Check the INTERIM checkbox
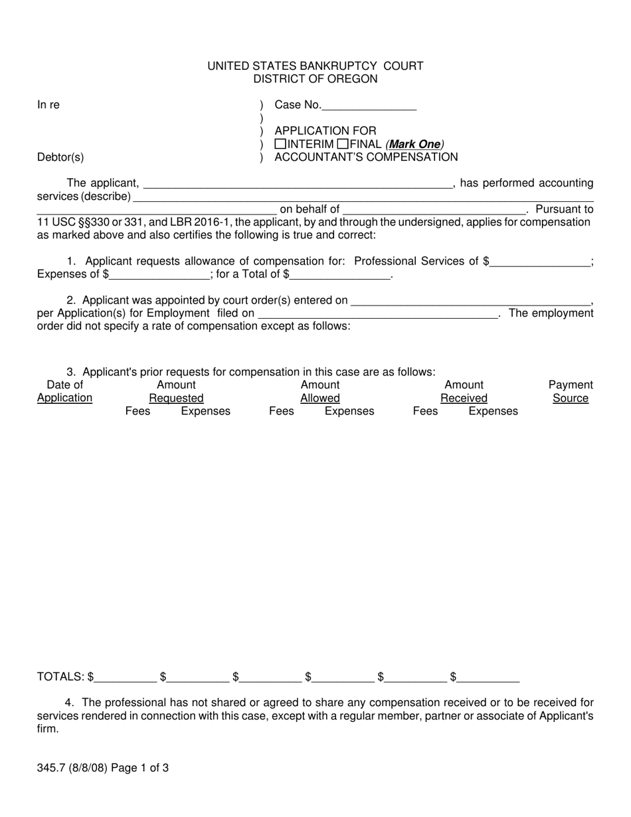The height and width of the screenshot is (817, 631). (280, 144)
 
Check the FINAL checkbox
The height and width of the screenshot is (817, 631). (343, 144)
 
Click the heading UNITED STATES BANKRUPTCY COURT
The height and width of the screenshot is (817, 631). (315, 66)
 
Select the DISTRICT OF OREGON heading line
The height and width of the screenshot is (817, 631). (315, 79)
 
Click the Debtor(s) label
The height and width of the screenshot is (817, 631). (60, 157)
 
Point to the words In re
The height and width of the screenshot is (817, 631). (48, 105)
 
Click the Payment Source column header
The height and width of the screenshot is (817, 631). (570, 391)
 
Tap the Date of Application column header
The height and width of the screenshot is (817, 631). (64, 391)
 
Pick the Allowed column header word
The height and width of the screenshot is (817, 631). (319, 398)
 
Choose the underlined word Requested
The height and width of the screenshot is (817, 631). (176, 398)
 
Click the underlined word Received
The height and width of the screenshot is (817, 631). (464, 398)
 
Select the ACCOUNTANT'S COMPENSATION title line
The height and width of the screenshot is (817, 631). (366, 157)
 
